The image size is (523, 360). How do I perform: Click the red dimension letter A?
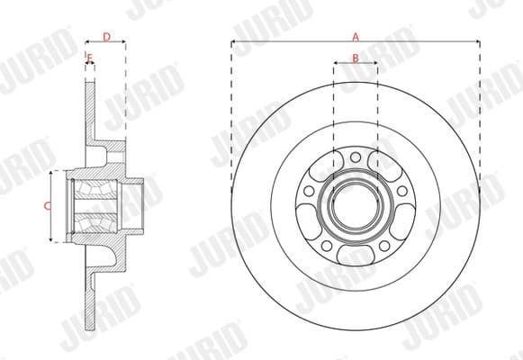[x=356, y=37]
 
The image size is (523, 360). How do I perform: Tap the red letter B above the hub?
[x=356, y=58]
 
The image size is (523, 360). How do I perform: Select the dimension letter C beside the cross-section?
[x=46, y=206]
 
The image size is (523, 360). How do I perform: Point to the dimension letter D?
[x=106, y=37]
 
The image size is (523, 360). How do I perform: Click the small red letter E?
[x=89, y=58]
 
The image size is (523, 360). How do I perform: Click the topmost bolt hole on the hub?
[x=356, y=157]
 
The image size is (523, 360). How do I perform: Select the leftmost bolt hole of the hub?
[x=309, y=192]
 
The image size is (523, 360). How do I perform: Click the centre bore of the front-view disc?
[x=356, y=206]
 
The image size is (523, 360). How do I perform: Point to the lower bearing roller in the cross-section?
[x=95, y=220]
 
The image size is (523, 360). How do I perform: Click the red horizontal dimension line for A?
[x=297, y=41]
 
